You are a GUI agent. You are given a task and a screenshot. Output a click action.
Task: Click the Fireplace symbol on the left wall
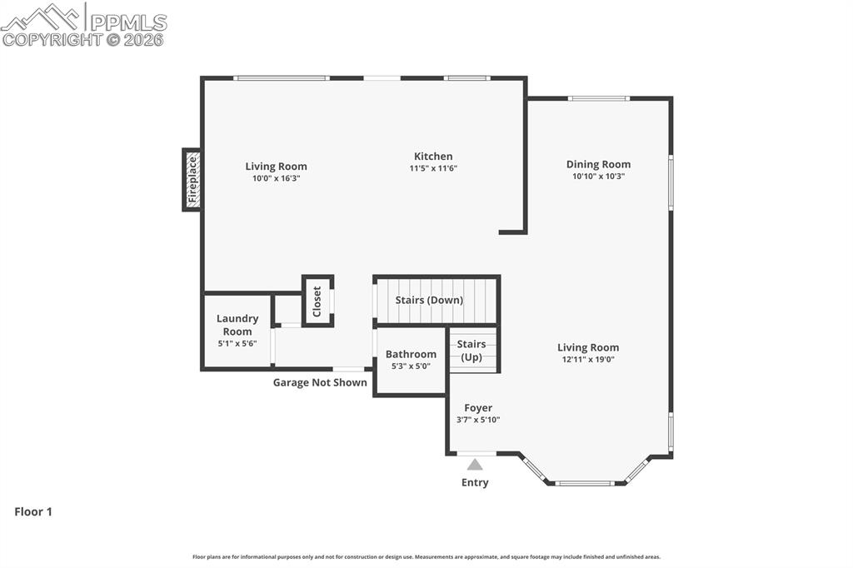tap(192, 180)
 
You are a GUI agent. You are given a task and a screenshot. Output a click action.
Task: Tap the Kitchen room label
tap(433, 157)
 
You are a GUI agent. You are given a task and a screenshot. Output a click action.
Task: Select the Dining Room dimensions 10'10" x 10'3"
tap(598, 177)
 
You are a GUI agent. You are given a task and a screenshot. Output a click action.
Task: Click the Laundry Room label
tap(237, 325)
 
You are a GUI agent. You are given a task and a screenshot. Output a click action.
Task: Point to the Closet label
tap(317, 301)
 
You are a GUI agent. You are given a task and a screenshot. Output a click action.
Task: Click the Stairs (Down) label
tap(429, 300)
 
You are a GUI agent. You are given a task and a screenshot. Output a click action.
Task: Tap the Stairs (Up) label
tap(471, 351)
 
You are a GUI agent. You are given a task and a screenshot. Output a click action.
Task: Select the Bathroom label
tap(411, 354)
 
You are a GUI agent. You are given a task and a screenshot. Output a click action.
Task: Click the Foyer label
tap(478, 408)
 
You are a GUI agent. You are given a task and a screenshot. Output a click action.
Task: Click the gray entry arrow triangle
tap(475, 465)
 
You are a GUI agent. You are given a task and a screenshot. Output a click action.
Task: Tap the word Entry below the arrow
tap(475, 483)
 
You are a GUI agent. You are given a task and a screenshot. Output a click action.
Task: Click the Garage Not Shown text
tap(320, 383)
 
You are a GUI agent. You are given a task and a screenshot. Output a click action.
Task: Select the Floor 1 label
tap(33, 512)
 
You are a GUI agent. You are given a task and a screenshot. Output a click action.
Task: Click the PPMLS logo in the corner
tap(83, 23)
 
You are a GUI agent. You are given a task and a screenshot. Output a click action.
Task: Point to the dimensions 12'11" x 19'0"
tap(588, 360)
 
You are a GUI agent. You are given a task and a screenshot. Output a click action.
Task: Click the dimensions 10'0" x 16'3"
tap(276, 178)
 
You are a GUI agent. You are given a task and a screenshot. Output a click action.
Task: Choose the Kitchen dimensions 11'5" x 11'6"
tap(433, 168)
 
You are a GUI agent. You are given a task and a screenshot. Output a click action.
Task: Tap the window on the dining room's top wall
tap(598, 98)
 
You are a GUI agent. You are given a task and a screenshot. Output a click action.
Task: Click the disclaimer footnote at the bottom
tap(426, 557)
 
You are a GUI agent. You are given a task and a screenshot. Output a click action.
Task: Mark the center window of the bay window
tap(585, 483)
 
